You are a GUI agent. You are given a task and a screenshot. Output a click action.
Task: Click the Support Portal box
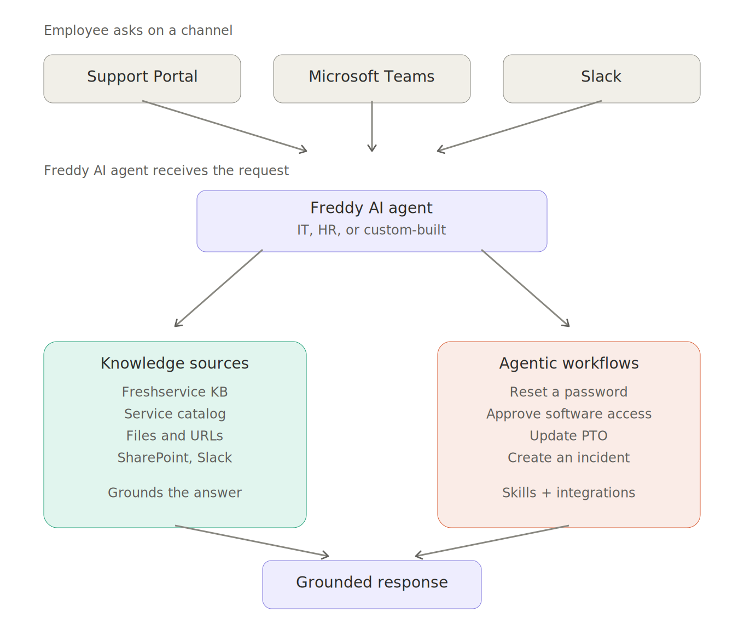[x=142, y=79]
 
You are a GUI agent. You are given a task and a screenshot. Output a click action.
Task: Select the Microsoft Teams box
[x=372, y=79]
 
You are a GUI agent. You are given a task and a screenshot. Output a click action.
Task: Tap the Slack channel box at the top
[x=601, y=79]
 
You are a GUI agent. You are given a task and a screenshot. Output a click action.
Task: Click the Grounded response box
[x=372, y=585]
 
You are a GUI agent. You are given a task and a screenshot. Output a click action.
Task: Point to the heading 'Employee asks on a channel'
[x=138, y=31]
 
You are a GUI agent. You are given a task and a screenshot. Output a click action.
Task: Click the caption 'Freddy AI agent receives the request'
[x=166, y=170]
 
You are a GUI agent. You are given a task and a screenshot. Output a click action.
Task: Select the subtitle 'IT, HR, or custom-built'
[x=371, y=230]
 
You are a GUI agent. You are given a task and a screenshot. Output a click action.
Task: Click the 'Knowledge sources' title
[x=175, y=363]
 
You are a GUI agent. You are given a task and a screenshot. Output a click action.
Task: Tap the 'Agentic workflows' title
[x=569, y=363]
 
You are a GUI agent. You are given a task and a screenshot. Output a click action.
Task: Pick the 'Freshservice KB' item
[x=175, y=392]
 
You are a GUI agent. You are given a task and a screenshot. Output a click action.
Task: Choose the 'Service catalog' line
[x=175, y=414]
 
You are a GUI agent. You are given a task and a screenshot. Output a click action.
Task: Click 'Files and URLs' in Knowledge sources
[x=175, y=436]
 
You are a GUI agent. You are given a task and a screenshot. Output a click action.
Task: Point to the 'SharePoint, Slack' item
[x=175, y=458]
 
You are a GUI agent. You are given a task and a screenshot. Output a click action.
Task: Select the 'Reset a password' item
[x=569, y=392]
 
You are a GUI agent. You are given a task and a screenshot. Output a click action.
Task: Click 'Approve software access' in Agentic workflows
[x=569, y=414]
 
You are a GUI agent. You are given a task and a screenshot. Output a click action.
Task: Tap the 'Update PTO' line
[x=569, y=436]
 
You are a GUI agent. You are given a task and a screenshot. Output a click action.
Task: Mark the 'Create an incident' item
[x=569, y=458]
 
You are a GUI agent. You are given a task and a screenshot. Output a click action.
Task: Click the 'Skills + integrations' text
[x=569, y=493]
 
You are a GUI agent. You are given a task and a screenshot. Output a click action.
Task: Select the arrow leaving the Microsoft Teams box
[x=372, y=126]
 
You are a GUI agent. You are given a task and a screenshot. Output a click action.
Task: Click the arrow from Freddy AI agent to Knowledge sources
[x=218, y=288]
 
